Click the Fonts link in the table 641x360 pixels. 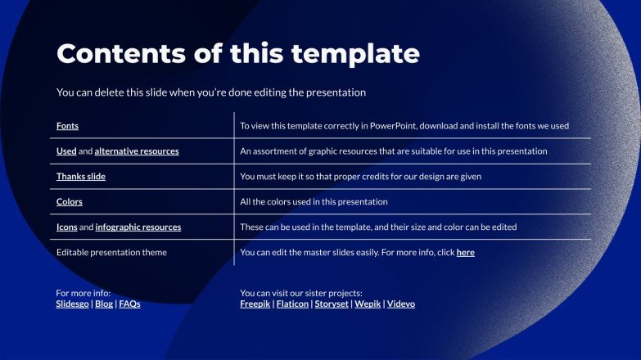click(x=67, y=126)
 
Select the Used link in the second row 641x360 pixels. click(x=66, y=151)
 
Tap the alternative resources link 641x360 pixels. click(x=137, y=151)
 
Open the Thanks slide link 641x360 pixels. click(x=81, y=177)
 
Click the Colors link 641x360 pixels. click(x=70, y=202)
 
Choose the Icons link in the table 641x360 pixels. click(x=67, y=227)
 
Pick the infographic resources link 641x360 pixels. click(x=138, y=227)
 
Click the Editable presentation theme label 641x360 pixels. click(x=111, y=253)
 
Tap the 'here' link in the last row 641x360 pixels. click(x=465, y=253)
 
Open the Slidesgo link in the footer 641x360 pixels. click(x=73, y=304)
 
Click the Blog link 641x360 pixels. click(x=104, y=304)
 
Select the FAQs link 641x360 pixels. click(x=130, y=304)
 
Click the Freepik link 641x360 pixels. click(x=255, y=304)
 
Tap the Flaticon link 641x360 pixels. click(x=291, y=304)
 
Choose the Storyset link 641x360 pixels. click(x=332, y=304)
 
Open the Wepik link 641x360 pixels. click(x=368, y=304)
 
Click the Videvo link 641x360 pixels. click(x=401, y=304)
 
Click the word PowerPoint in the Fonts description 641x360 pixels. click(x=392, y=126)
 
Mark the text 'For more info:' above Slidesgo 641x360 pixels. click(x=84, y=293)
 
